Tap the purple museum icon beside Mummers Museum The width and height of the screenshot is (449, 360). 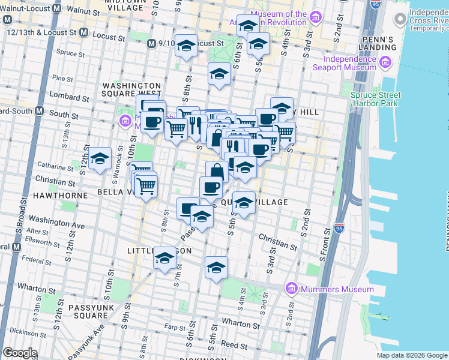(292, 289)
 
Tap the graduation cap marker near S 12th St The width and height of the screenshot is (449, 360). (100, 159)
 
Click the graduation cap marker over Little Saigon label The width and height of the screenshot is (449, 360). (164, 259)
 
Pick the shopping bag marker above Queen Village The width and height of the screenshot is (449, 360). (217, 172)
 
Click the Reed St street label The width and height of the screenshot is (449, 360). (230, 344)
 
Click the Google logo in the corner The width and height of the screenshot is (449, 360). (20, 353)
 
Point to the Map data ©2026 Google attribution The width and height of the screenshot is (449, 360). (411, 355)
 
